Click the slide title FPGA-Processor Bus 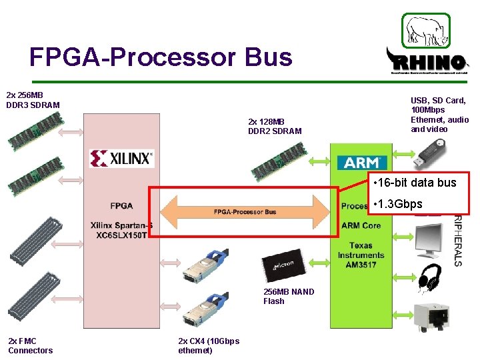(x=161, y=57)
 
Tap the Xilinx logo (x=122, y=158)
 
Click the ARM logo (x=362, y=162)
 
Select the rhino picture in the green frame (x=425, y=30)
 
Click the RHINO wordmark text (x=427, y=63)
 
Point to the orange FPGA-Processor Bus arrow (x=245, y=211)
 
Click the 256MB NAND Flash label (x=289, y=296)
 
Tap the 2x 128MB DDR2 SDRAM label (x=275, y=126)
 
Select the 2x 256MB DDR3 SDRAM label (x=33, y=100)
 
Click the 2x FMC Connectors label (x=30, y=345)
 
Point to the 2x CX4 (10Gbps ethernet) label (x=209, y=345)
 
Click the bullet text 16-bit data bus (x=415, y=183)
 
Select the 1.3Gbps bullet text (x=399, y=204)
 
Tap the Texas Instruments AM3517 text (x=361, y=255)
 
